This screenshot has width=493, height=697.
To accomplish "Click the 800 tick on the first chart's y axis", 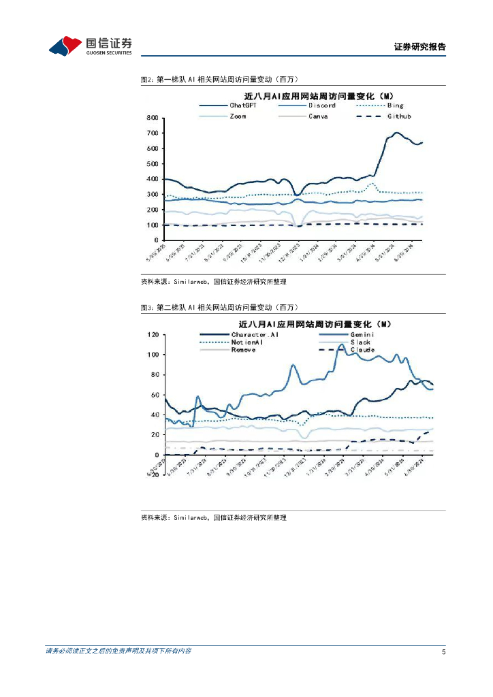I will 153,118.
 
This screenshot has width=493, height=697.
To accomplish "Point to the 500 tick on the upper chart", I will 153,164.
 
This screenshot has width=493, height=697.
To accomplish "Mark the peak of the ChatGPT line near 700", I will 396,133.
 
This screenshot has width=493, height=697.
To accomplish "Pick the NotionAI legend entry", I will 247,342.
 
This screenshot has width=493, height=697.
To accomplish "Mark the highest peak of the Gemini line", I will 341,344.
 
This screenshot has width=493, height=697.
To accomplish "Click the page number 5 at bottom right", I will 443,652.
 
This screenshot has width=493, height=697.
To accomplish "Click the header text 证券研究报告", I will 419,47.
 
